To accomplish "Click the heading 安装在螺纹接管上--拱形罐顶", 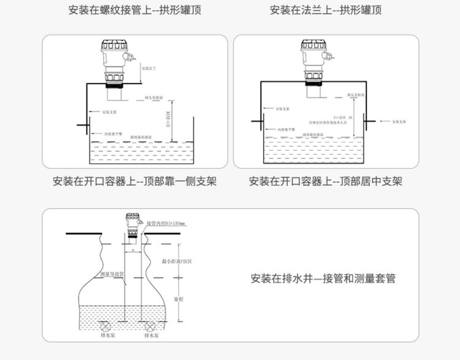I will coord(134,10).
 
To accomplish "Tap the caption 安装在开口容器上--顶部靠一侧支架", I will coord(134,182).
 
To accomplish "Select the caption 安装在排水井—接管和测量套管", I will coord(323,278).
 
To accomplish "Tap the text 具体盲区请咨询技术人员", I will coord(328,123).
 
